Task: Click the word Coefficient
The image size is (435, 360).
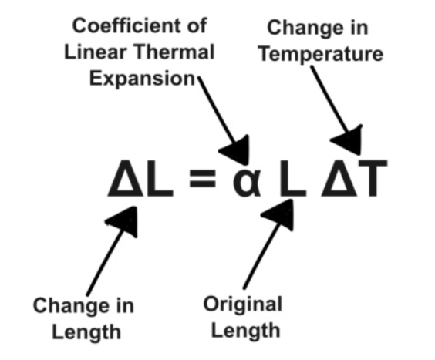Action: point(125,25)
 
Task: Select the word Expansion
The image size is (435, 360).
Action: point(143,79)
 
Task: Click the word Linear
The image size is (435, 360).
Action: point(96,52)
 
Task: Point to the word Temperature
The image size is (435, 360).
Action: point(322,54)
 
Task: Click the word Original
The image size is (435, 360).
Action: point(243,304)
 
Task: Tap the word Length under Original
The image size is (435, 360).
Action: point(246,330)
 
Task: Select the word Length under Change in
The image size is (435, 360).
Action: point(86,332)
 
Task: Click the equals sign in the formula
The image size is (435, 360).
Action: point(203,179)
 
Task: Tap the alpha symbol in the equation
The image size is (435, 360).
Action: point(247,183)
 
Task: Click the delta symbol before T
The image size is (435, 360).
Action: point(339,178)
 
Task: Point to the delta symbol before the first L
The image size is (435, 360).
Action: point(126,178)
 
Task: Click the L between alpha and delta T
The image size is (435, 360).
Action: point(293,178)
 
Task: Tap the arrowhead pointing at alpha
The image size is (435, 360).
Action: point(237,150)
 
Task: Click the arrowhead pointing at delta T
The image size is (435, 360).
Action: point(348,140)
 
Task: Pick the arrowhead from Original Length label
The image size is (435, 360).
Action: point(279,214)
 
